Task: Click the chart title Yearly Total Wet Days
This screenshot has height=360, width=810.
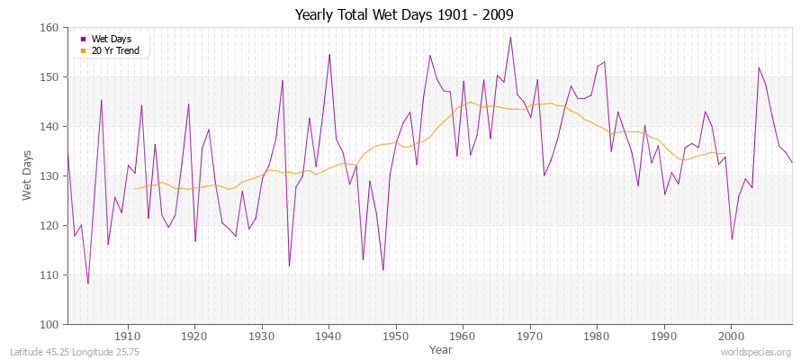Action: [404, 15]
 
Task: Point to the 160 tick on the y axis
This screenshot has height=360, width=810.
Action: [49, 28]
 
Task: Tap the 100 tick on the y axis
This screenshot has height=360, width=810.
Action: [49, 324]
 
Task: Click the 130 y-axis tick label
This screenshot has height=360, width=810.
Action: [49, 175]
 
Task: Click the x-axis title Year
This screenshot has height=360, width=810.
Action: [441, 348]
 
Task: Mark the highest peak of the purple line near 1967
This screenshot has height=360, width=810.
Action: [510, 37]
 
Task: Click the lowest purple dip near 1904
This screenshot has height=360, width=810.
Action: [88, 283]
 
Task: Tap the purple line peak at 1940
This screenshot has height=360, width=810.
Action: [329, 54]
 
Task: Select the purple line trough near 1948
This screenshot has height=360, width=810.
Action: [383, 270]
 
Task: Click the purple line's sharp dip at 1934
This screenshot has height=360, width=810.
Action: [289, 265]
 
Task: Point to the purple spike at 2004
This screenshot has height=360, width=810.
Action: [759, 67]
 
